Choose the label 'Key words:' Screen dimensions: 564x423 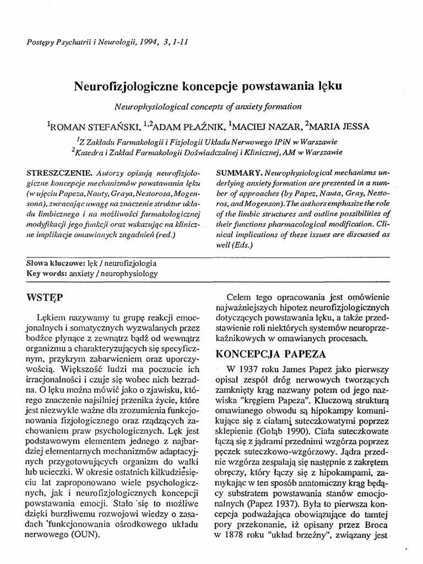47,273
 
